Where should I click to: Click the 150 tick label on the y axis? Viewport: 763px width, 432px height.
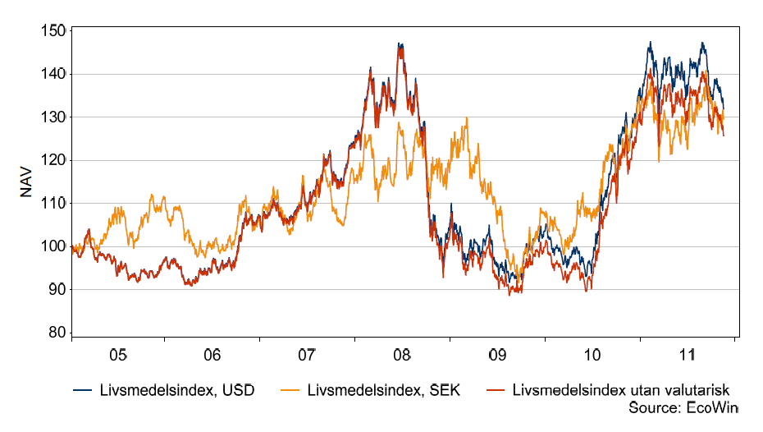(53, 31)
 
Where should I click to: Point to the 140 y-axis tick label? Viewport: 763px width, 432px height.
(53, 74)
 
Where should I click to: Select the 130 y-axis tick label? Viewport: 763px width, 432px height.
(53, 117)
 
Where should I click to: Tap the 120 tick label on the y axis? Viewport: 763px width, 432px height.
(53, 160)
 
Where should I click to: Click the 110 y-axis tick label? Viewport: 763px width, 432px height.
(53, 204)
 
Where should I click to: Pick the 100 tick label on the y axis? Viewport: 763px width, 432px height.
(53, 246)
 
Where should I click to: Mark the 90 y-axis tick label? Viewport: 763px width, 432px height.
(57, 290)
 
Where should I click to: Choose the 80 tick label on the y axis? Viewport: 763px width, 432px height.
(57, 333)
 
